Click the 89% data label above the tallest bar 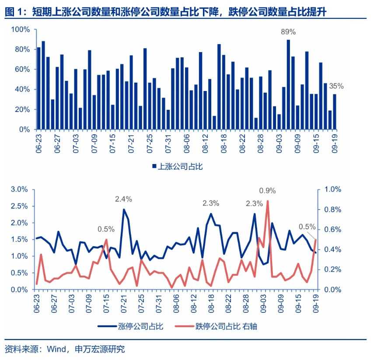click(288, 32)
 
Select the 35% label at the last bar click(336, 86)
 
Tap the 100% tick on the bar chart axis click(20, 29)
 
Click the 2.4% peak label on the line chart click(123, 199)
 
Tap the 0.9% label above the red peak click(267, 190)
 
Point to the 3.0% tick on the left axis click(20, 189)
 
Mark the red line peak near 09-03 click(267, 201)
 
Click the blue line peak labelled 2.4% click(124, 210)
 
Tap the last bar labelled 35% click(335, 112)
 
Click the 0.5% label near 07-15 click(106, 229)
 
